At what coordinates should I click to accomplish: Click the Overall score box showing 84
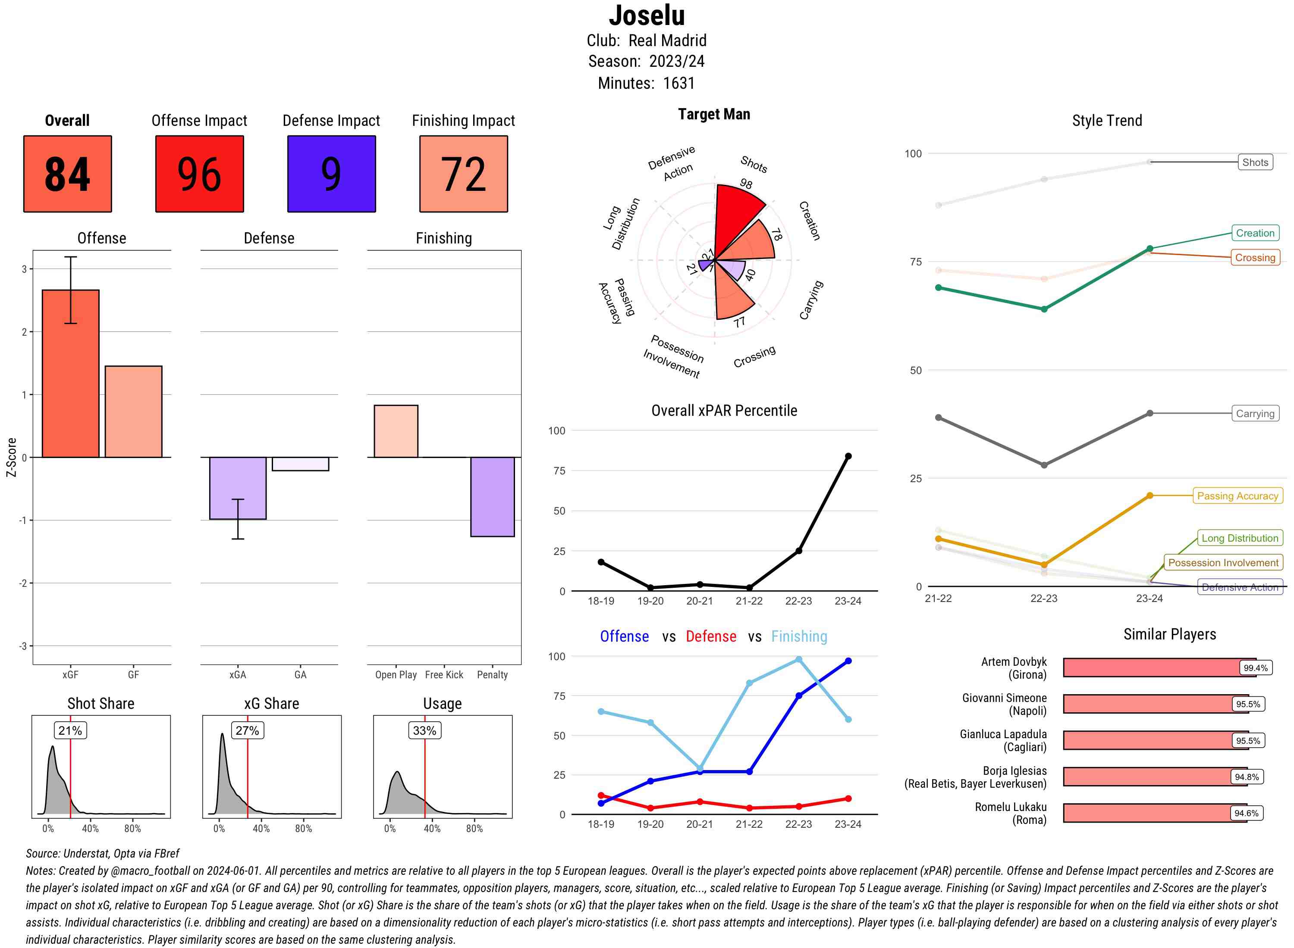pyautogui.click(x=67, y=174)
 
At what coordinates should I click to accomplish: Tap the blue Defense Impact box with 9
pyautogui.click(x=331, y=174)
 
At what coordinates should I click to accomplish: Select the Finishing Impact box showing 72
pyautogui.click(x=464, y=174)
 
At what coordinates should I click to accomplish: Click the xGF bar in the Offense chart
pyautogui.click(x=71, y=374)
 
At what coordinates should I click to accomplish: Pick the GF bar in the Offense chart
pyautogui.click(x=133, y=412)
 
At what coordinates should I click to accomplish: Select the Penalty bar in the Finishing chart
pyautogui.click(x=492, y=497)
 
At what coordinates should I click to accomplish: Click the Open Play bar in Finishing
pyautogui.click(x=396, y=431)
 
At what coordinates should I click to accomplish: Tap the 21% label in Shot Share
pyautogui.click(x=70, y=730)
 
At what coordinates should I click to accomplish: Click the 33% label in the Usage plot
pyautogui.click(x=424, y=730)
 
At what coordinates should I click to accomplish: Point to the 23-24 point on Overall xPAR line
pyautogui.click(x=848, y=456)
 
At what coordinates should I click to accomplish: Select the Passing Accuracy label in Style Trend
pyautogui.click(x=1237, y=496)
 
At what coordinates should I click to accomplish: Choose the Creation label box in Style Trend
pyautogui.click(x=1255, y=233)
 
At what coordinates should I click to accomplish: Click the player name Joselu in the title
pyautogui.click(x=647, y=16)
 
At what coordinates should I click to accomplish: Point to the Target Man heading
pyautogui.click(x=714, y=114)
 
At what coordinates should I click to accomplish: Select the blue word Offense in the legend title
pyautogui.click(x=624, y=636)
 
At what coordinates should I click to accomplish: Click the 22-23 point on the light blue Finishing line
pyautogui.click(x=798, y=659)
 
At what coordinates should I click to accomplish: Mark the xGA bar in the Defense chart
pyautogui.click(x=238, y=488)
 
